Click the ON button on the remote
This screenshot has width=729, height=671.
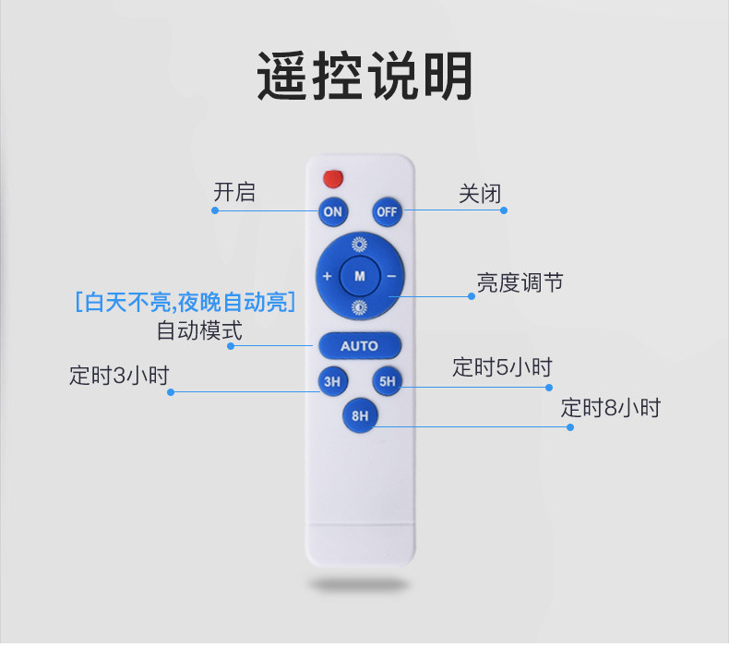(x=332, y=211)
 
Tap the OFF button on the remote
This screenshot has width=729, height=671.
(x=387, y=211)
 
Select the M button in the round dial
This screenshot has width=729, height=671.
(x=359, y=275)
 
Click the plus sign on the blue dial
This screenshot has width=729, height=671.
(x=327, y=276)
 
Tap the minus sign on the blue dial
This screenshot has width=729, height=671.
(x=391, y=276)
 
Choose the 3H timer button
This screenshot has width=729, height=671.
(x=331, y=380)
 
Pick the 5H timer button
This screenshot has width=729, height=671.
(x=387, y=380)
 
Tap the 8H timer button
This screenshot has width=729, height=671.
(x=359, y=415)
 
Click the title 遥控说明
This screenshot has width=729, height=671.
(x=364, y=77)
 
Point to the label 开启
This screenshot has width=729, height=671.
(x=234, y=192)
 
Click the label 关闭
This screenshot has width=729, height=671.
(x=480, y=194)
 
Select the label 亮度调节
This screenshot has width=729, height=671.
(x=520, y=282)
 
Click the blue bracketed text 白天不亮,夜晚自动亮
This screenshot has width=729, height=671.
(x=185, y=302)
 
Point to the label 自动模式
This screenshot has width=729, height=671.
(x=199, y=330)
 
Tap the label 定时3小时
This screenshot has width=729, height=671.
(x=119, y=376)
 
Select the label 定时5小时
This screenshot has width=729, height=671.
(x=502, y=367)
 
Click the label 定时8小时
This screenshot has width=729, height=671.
(x=611, y=408)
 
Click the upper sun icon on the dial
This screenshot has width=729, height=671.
(x=359, y=245)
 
